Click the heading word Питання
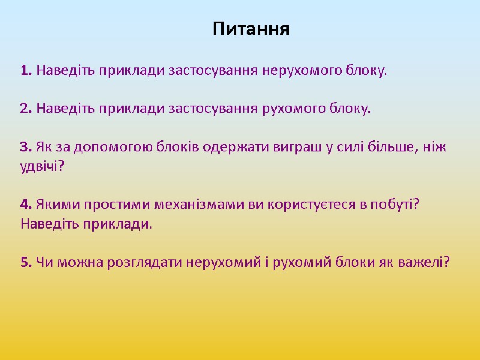pos(251,29)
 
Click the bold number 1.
pos(25,71)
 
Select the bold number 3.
pos(25,148)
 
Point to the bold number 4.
pos(25,205)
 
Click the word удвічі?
pos(41,166)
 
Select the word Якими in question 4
pos(52,205)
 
